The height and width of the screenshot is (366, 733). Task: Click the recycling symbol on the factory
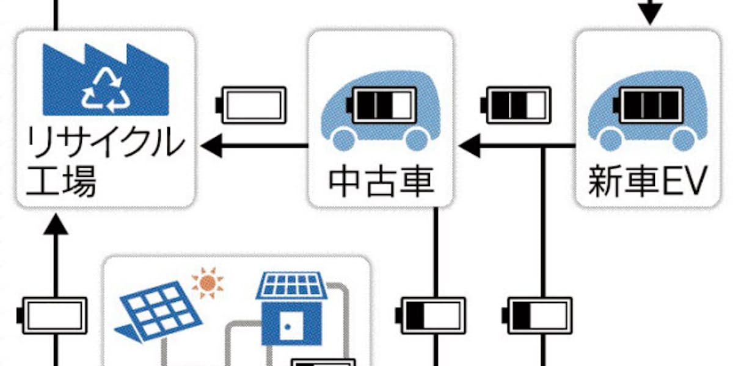click(105, 91)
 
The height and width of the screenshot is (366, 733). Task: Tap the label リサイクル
click(105, 143)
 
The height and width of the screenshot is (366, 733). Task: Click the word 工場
click(61, 182)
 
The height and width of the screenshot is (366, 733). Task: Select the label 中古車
click(382, 182)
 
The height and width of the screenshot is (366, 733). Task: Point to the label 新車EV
click(647, 181)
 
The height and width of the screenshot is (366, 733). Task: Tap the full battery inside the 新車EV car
click(649, 105)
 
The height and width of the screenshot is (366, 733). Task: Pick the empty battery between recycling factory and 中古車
click(250, 105)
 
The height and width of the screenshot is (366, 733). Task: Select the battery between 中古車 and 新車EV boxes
click(516, 105)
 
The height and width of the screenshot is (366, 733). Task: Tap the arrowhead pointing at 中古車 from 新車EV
click(469, 146)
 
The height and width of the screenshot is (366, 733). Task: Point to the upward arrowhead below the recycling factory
click(56, 224)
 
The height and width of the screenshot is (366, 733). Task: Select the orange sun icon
click(208, 283)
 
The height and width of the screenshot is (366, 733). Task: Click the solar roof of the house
click(291, 285)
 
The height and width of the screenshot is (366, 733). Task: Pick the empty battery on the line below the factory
click(53, 316)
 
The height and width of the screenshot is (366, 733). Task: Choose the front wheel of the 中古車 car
click(343, 140)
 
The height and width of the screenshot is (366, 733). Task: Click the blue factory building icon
click(105, 80)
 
